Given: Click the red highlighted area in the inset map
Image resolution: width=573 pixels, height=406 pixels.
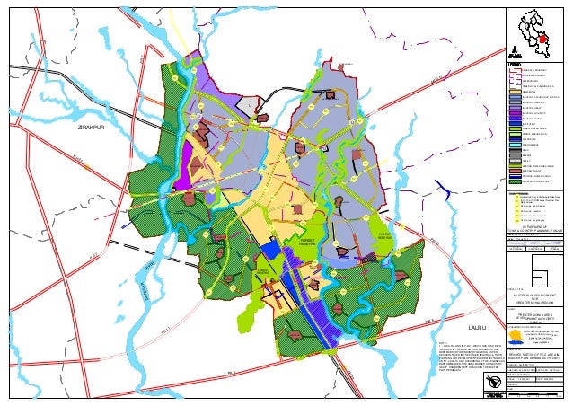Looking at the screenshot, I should (x=543, y=39).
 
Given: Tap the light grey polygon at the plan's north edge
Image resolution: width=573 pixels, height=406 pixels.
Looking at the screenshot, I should (x=252, y=107).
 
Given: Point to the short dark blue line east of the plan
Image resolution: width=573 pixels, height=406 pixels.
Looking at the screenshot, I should (x=443, y=190).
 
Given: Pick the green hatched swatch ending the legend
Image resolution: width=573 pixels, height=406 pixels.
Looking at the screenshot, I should (x=514, y=180).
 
